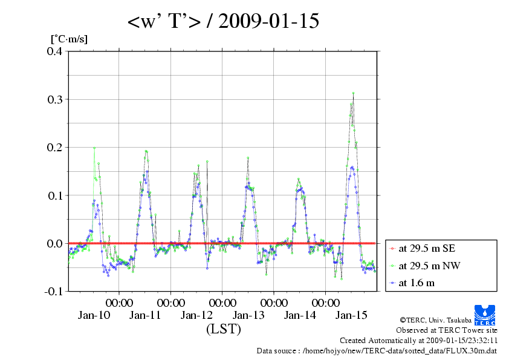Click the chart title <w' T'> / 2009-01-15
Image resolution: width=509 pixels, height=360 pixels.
coord(223,21)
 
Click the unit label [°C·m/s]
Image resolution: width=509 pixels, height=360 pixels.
coord(69,39)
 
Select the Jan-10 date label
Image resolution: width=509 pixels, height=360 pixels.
coord(94,315)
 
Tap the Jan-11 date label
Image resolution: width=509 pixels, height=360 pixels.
coord(145,315)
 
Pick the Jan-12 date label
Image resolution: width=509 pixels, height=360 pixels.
coord(196,315)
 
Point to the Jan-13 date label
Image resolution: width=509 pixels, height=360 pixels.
coord(248,315)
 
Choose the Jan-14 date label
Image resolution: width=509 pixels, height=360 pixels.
coord(300,315)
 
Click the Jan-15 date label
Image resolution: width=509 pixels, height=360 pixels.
coord(351,315)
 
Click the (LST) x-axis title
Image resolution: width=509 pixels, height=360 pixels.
coord(223,330)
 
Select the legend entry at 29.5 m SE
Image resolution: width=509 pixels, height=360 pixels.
coord(424,249)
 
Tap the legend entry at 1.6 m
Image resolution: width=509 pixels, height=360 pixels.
coord(417,283)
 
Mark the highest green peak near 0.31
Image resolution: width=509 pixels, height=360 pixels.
coord(353,93)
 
